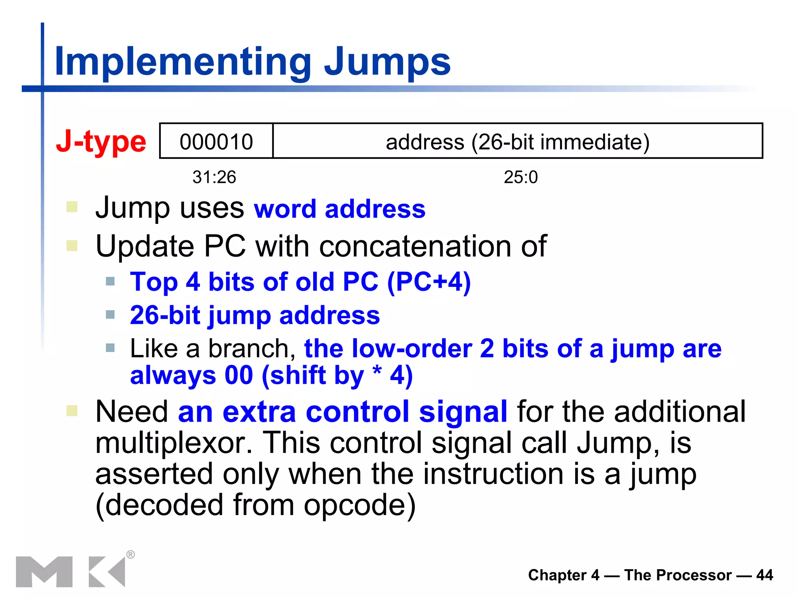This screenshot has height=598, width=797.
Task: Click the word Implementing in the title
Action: [183, 62]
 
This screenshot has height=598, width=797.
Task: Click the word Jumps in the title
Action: [387, 62]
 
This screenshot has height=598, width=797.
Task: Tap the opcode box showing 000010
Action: [216, 141]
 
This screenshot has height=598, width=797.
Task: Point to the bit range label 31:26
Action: [214, 177]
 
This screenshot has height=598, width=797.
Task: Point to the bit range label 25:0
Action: [521, 177]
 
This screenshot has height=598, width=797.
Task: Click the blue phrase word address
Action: [339, 209]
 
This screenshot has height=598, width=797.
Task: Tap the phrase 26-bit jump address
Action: [255, 315]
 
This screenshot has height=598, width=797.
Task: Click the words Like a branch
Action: [212, 348]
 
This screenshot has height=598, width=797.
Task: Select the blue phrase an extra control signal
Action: [342, 412]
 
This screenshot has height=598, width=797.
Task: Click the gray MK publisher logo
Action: [70, 572]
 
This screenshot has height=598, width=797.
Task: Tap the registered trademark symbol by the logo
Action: [131, 554]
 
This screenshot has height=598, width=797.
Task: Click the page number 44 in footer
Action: [764, 575]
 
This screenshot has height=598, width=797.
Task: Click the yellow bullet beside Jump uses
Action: [72, 206]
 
